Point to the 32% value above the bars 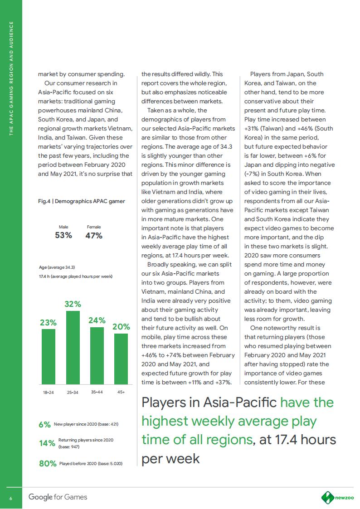coord(73,304)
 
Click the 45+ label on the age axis coord(121,391)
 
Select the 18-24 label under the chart coord(49,392)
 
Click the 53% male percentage coord(63,235)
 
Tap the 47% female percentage coord(94,235)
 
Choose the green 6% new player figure coord(44,425)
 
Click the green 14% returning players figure coord(47,443)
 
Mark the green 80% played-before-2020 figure coord(48,464)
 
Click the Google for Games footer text coord(58,497)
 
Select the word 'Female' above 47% coord(94,227)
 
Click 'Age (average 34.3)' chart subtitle coord(57,267)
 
